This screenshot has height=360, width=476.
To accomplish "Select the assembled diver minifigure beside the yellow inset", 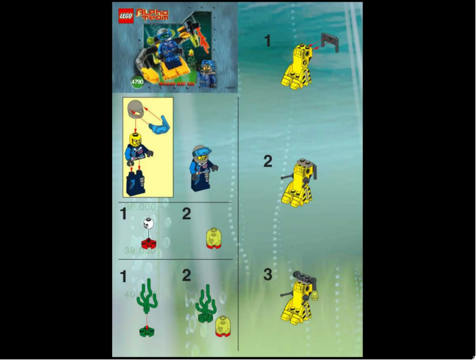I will click(201, 168).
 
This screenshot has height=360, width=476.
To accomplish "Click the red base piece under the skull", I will click(148, 242).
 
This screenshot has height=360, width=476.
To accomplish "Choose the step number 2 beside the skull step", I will click(186, 214).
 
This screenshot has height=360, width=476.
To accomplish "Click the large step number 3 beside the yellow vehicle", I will click(268, 275).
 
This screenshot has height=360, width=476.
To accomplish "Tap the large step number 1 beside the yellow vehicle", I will click(268, 41).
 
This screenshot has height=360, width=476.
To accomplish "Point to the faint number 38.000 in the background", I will click(140, 251).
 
